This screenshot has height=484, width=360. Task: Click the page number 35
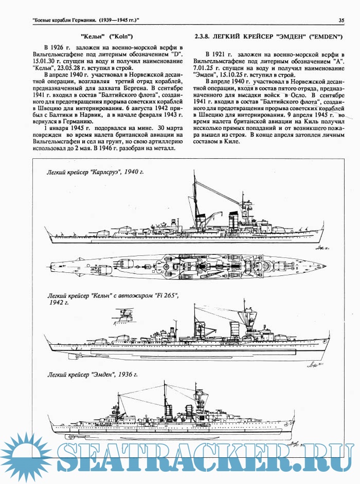coord(341,21)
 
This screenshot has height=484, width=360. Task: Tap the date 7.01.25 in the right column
coord(202,68)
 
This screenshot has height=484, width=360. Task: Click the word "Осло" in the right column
coord(299,96)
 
